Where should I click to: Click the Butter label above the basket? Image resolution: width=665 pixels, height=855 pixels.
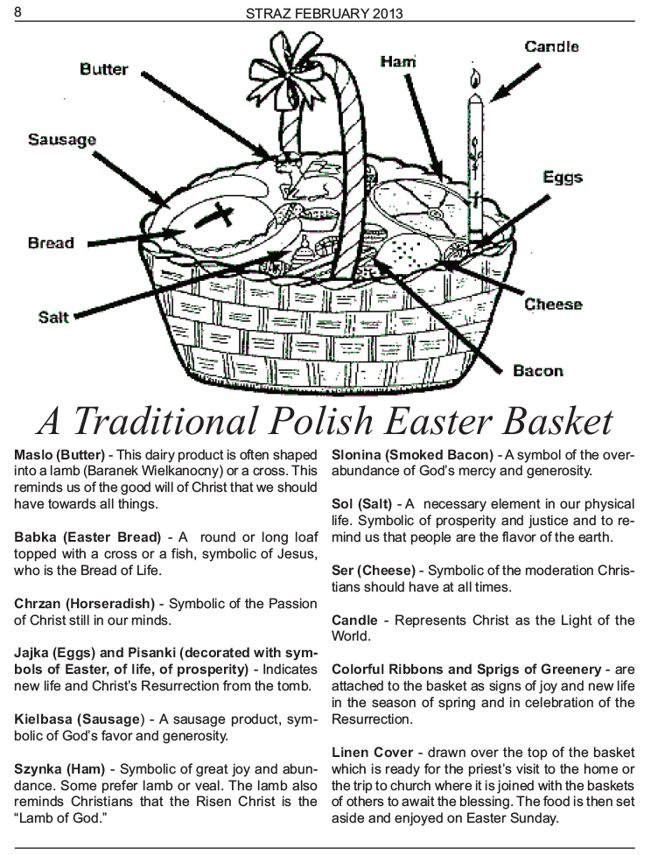point(103,69)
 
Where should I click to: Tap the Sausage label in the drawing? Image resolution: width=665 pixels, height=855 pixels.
point(61,140)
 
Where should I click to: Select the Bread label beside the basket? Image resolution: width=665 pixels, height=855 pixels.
point(51,242)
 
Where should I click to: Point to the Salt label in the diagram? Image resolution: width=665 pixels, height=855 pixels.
point(53,317)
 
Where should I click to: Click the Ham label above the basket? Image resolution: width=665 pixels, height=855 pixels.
point(398,61)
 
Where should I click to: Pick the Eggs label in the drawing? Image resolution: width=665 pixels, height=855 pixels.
point(563,178)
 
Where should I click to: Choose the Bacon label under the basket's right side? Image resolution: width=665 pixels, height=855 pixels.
point(538,371)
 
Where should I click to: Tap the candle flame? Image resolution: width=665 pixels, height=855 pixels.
point(475,79)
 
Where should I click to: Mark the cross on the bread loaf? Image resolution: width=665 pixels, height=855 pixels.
point(215,216)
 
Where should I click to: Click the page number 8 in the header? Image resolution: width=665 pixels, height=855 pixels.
point(18,11)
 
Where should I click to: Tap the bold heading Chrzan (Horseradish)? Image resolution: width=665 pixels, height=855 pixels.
point(85,604)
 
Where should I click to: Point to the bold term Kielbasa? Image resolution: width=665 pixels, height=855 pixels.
point(44,719)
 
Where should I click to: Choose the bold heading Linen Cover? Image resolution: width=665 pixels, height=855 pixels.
point(372,753)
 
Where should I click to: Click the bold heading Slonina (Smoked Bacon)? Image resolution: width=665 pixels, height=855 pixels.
point(413,455)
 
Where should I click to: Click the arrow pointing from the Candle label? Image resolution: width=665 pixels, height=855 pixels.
point(514,83)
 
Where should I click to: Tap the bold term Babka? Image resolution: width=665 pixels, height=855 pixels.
point(34,537)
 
